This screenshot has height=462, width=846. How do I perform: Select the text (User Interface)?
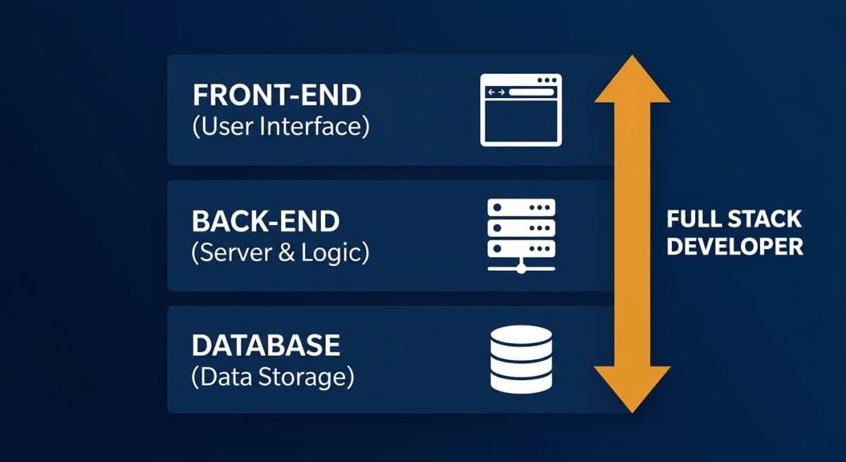click(x=280, y=128)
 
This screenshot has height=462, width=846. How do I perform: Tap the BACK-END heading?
click(x=265, y=221)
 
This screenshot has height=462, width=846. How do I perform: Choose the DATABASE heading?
click(x=266, y=346)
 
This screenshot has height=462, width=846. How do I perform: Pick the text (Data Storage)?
click(x=272, y=377)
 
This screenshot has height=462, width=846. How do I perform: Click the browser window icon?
click(x=521, y=110)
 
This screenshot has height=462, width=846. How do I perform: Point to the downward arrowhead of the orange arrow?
click(x=632, y=388)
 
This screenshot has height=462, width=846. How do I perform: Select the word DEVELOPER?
click(x=734, y=247)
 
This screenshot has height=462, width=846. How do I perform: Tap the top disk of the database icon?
click(x=521, y=335)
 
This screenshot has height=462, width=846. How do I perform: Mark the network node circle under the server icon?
click(x=521, y=267)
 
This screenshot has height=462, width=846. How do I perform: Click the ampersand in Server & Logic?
click(x=286, y=253)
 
